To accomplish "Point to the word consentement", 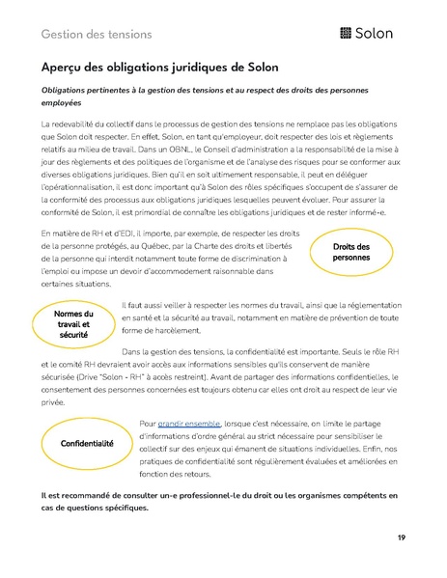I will pyautogui.click(x=76, y=394).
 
